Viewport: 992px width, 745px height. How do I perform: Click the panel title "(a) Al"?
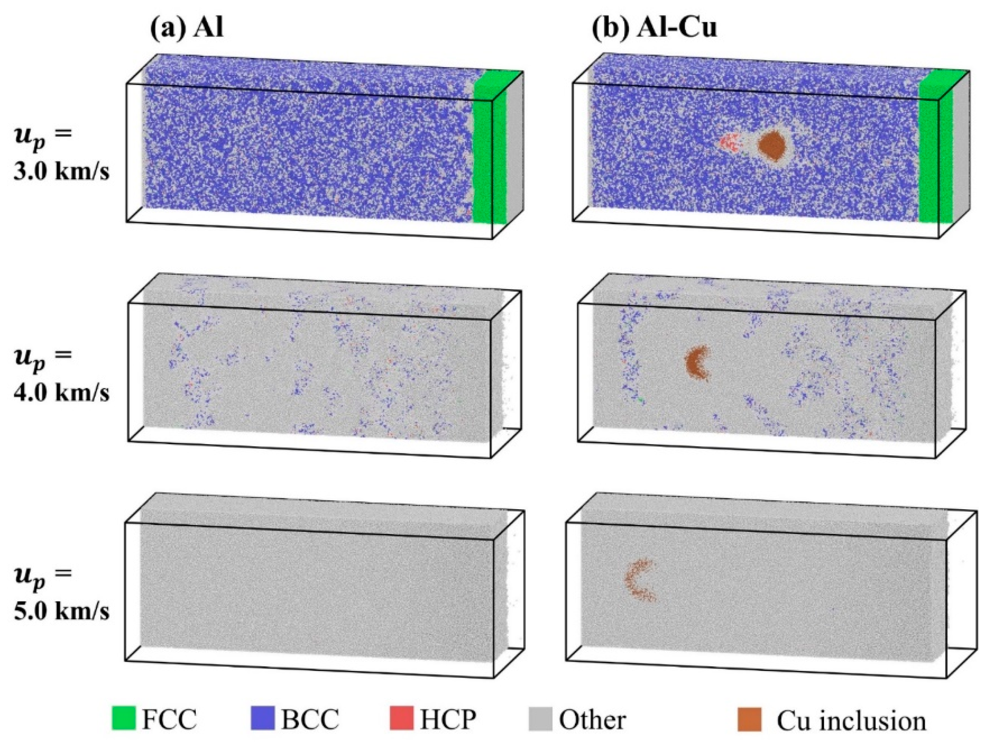click(x=187, y=28)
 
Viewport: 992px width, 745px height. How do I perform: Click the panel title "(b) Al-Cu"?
click(x=654, y=28)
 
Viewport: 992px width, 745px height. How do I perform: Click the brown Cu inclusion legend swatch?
click(x=749, y=719)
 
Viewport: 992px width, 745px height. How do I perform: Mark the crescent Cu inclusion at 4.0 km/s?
click(x=695, y=363)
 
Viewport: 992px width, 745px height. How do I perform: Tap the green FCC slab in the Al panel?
click(x=489, y=153)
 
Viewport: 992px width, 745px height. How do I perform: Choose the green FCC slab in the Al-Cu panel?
click(x=936, y=153)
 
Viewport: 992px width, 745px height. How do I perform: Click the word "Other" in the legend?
click(x=592, y=719)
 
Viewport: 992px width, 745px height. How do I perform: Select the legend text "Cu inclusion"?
click(x=851, y=719)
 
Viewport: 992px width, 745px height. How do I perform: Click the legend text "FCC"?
click(x=169, y=719)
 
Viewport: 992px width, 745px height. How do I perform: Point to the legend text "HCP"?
click(x=447, y=719)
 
